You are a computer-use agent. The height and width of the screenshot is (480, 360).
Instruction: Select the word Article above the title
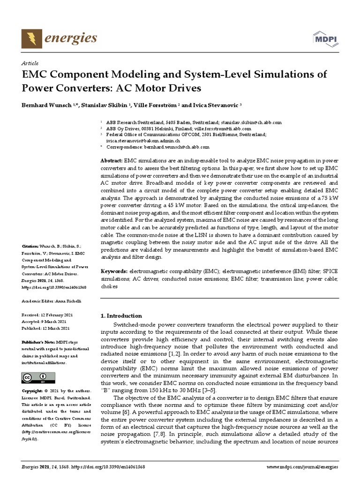pos(30,63)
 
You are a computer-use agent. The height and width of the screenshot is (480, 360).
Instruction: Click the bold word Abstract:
pos(112,161)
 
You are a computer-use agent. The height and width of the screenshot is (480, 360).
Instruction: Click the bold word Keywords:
pos(114,271)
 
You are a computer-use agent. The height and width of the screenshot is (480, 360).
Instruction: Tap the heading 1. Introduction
pos(121,315)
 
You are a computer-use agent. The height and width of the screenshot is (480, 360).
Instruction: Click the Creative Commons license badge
pos(38,377)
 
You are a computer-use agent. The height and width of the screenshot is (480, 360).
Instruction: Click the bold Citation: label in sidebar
pos(31,246)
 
